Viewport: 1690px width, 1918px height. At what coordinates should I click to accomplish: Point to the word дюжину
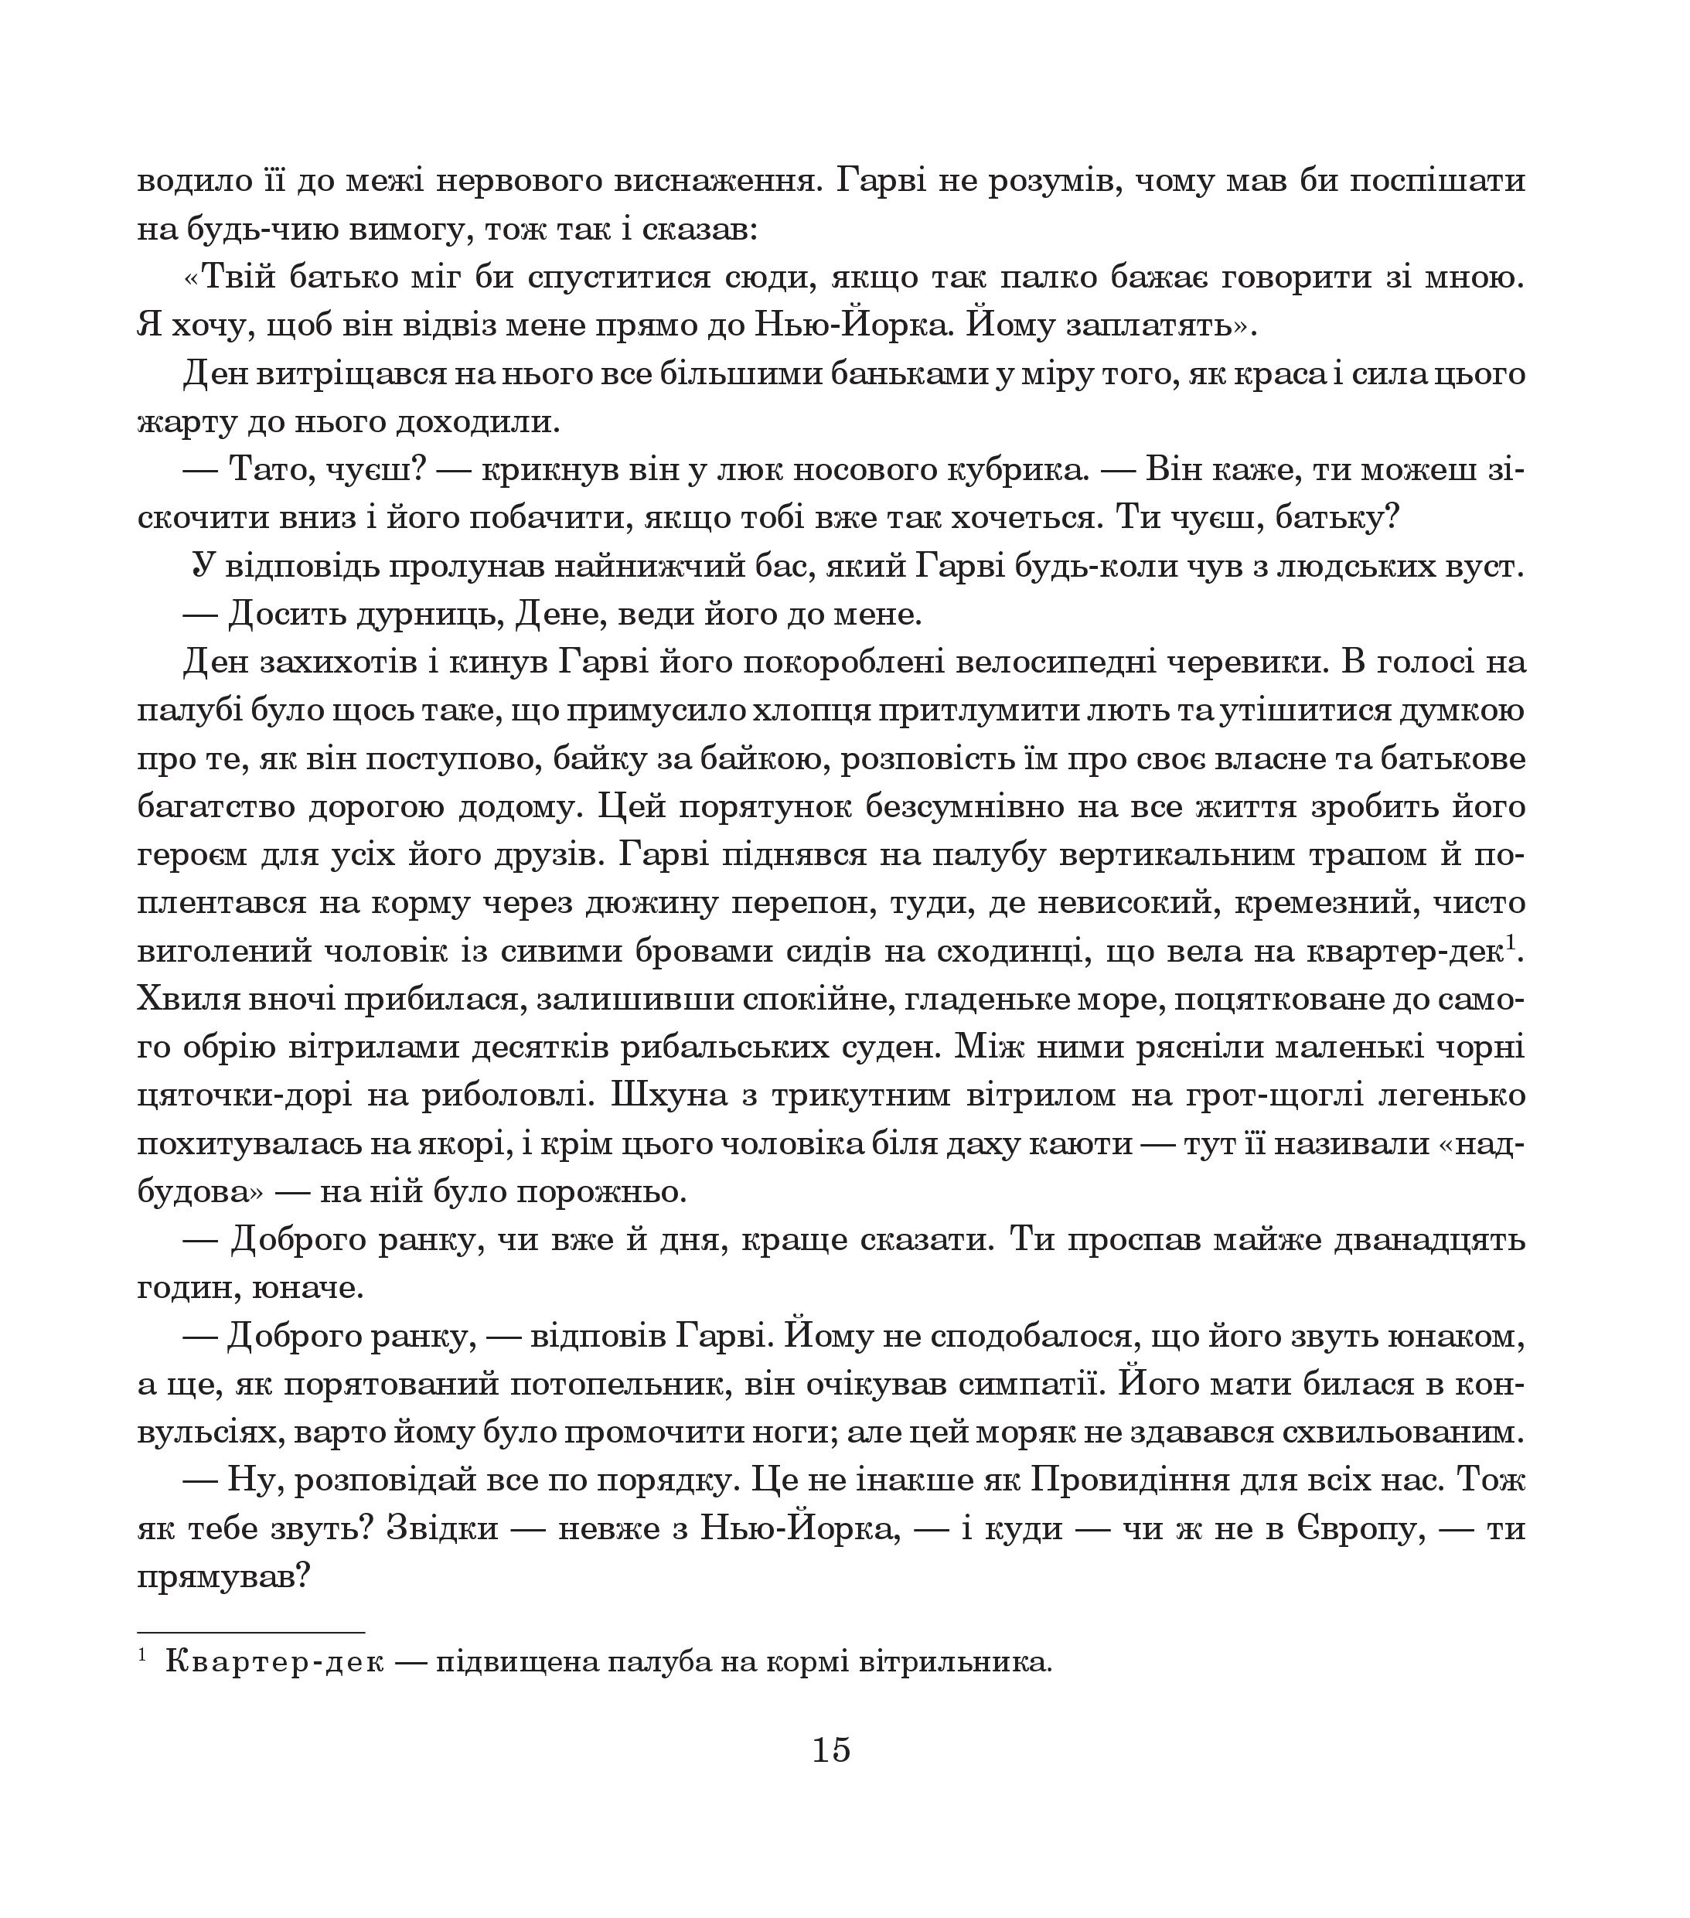pyautogui.click(x=642, y=903)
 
